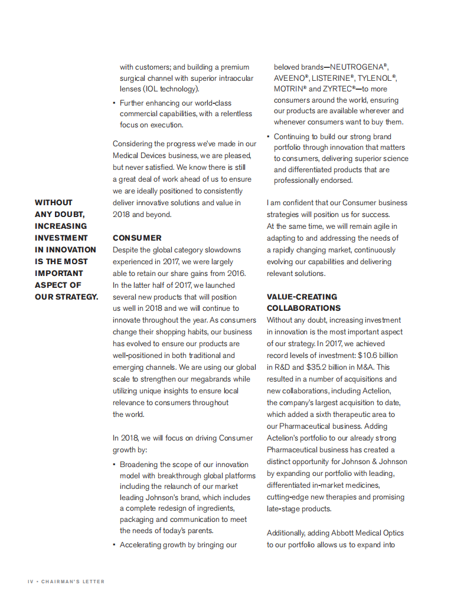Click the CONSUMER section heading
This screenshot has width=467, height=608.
click(x=137, y=238)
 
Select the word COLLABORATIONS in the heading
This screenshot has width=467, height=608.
click(x=303, y=308)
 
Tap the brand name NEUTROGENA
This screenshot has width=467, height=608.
click(x=357, y=67)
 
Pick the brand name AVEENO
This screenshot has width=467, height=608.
click(x=289, y=78)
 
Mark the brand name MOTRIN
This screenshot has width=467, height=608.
click(x=288, y=89)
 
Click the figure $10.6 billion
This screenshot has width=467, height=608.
click(x=378, y=356)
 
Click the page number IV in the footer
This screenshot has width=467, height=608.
click(x=31, y=581)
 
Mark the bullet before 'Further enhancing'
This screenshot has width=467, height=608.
click(x=114, y=103)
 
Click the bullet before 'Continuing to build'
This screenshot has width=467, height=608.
click(x=268, y=137)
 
